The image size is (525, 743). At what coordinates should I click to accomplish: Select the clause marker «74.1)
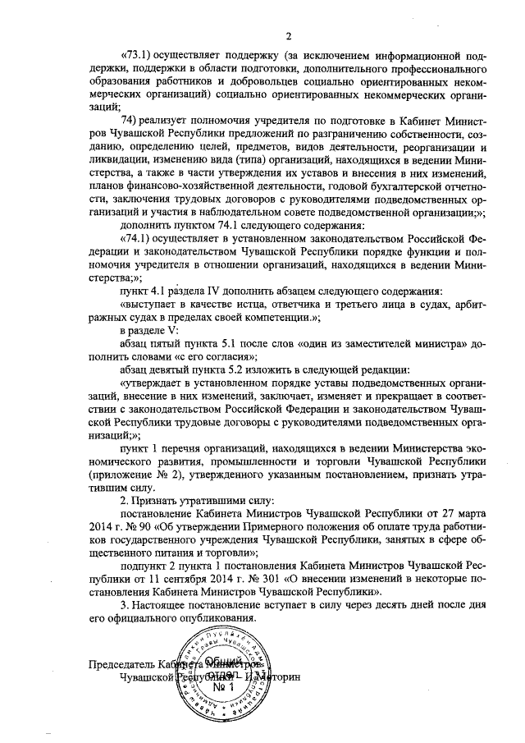(136, 238)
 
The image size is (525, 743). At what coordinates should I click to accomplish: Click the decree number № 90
(149, 527)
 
